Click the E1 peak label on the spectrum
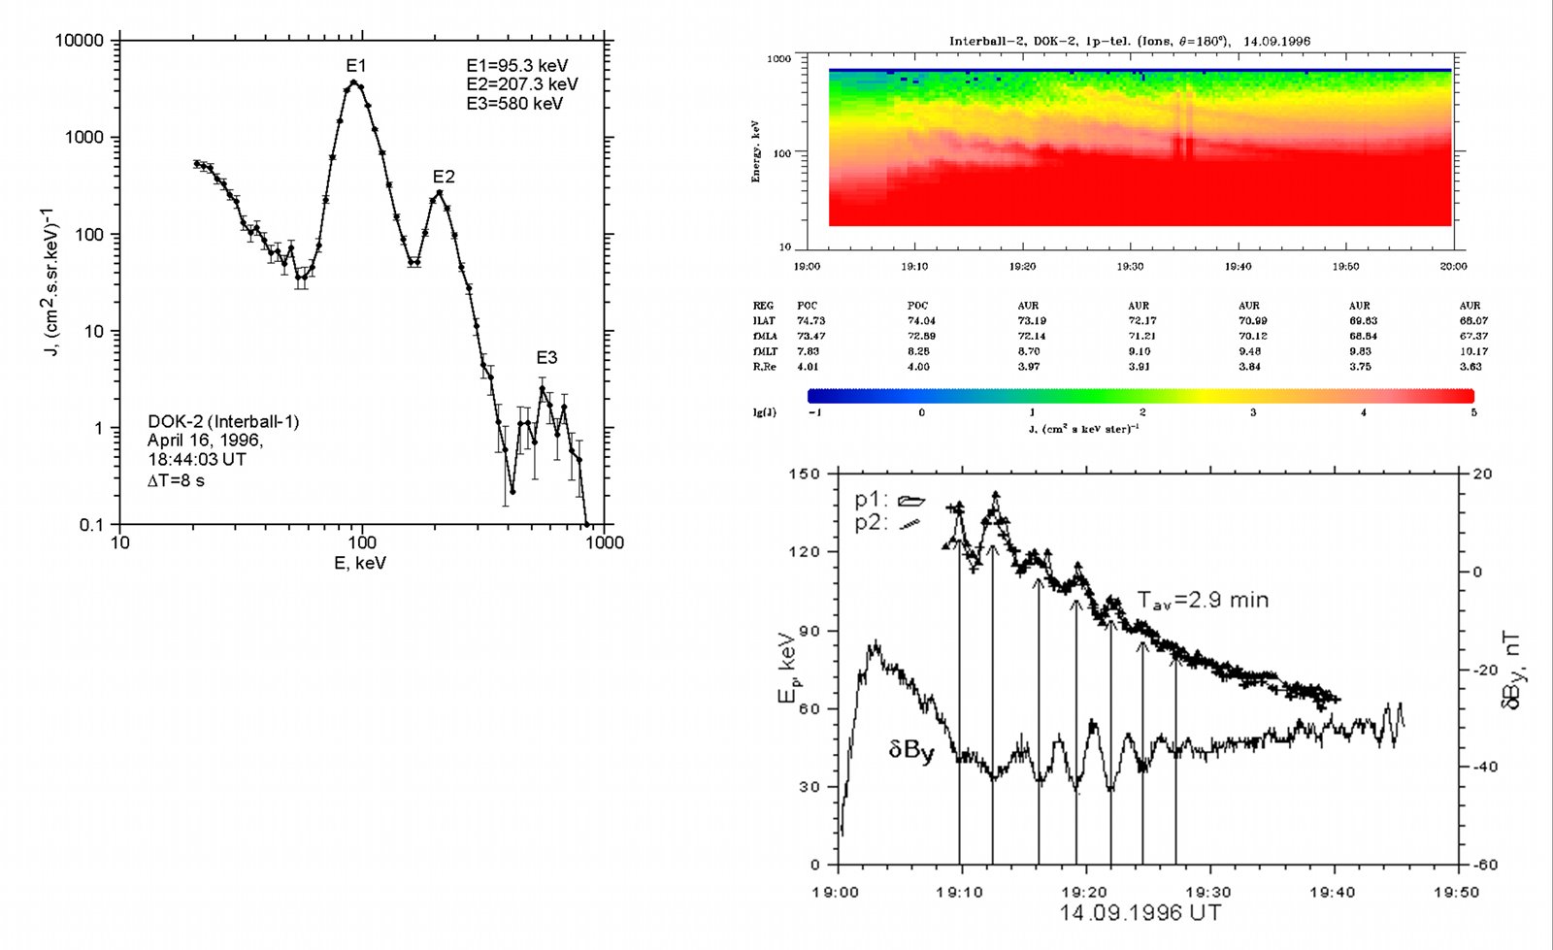(356, 66)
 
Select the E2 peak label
(444, 177)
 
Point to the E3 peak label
(546, 358)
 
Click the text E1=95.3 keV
(516, 66)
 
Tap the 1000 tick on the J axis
(84, 138)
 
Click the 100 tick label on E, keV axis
(361, 541)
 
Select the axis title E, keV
(360, 563)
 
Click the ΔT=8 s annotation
(176, 479)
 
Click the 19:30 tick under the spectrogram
(1130, 266)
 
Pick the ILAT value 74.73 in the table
(810, 320)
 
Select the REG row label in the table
(763, 306)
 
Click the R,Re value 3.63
(1470, 367)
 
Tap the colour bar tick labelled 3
(1252, 412)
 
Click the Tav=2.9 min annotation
(1203, 600)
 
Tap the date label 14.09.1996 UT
(1140, 913)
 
